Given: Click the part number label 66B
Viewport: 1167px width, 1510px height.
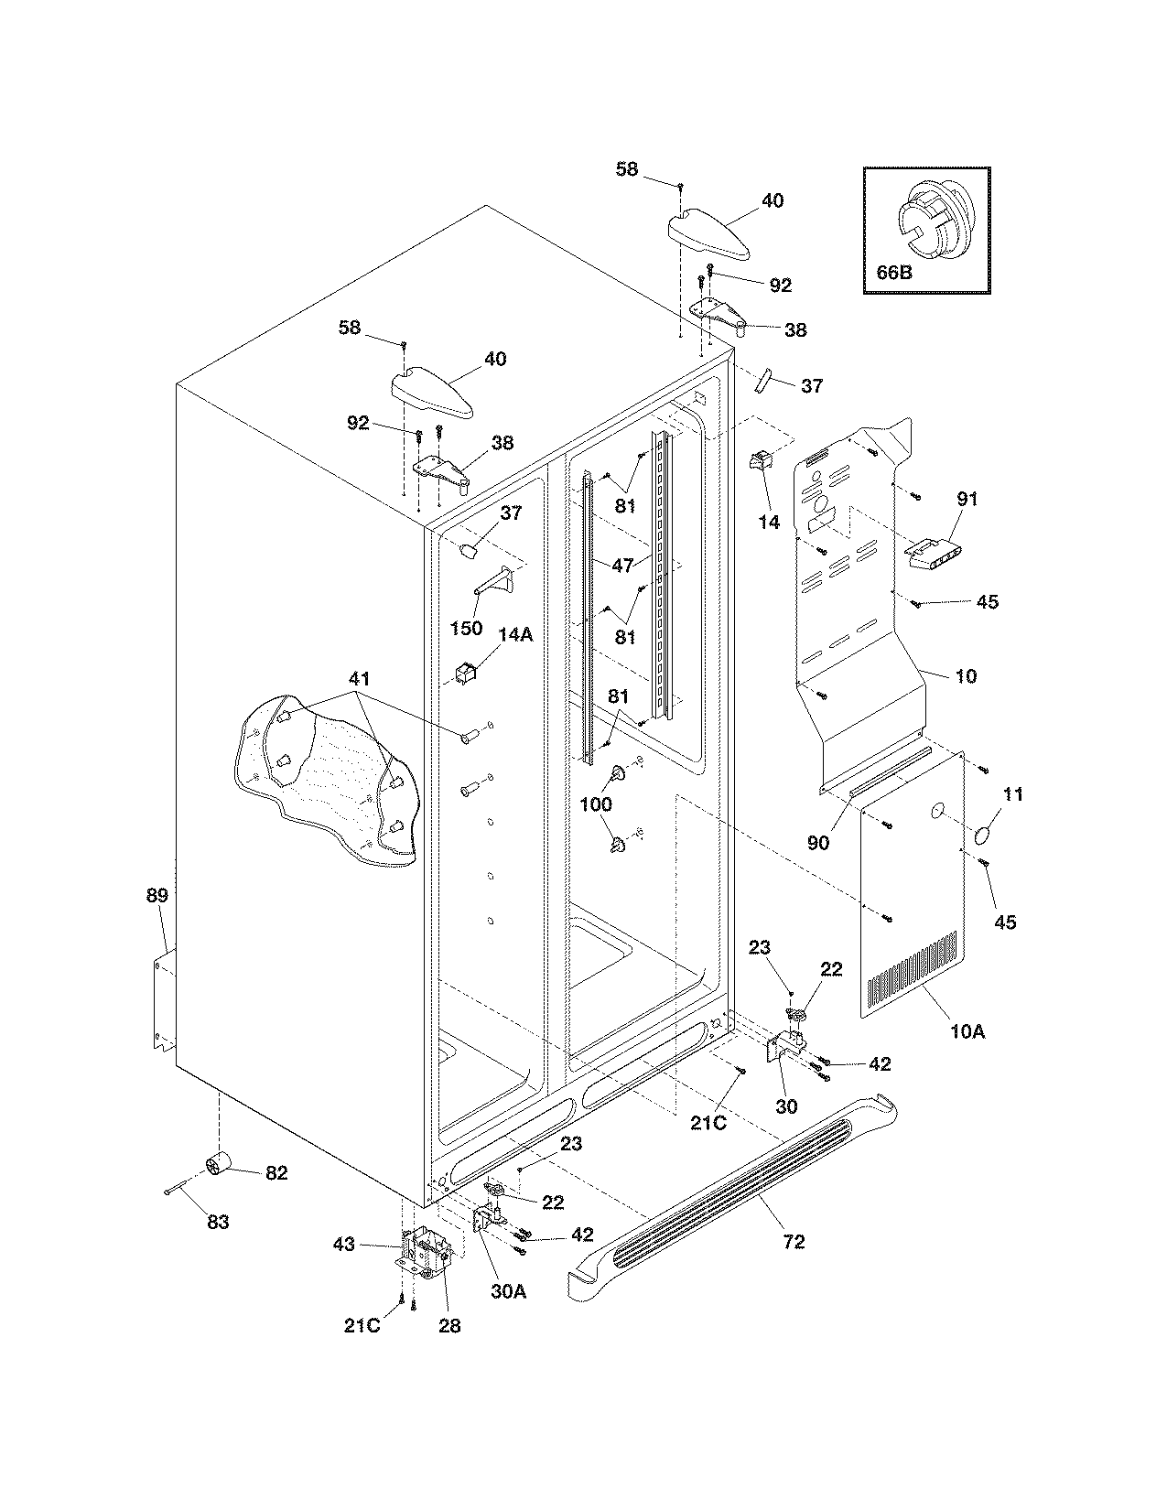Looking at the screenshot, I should pos(892,272).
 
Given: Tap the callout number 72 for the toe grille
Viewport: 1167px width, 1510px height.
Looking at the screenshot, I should pos(794,1241).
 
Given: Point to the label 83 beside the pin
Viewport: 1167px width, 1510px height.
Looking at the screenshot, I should pos(217,1221).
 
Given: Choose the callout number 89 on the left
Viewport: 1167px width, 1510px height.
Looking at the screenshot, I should pos(157,895).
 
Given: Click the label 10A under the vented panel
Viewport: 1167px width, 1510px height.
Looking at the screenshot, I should pos(967,1031).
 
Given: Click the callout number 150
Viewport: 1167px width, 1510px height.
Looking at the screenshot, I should pos(466,629).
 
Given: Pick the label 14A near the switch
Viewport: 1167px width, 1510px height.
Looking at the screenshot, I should pos(514,633).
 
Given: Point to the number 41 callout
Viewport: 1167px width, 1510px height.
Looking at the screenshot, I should pos(360,679).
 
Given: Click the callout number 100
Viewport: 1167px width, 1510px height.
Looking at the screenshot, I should pos(597,804).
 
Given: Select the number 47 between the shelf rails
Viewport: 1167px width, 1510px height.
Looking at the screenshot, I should pos(622,566).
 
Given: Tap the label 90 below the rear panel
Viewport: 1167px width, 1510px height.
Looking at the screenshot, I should pos(817,842).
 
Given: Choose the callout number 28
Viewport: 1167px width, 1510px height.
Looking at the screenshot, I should pos(449,1324).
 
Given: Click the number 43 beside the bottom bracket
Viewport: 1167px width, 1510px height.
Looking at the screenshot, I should pos(343,1244).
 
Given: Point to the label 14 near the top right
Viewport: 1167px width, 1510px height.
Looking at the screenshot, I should pos(769,522).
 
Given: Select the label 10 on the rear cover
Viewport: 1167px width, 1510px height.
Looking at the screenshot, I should pos(966,676).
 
